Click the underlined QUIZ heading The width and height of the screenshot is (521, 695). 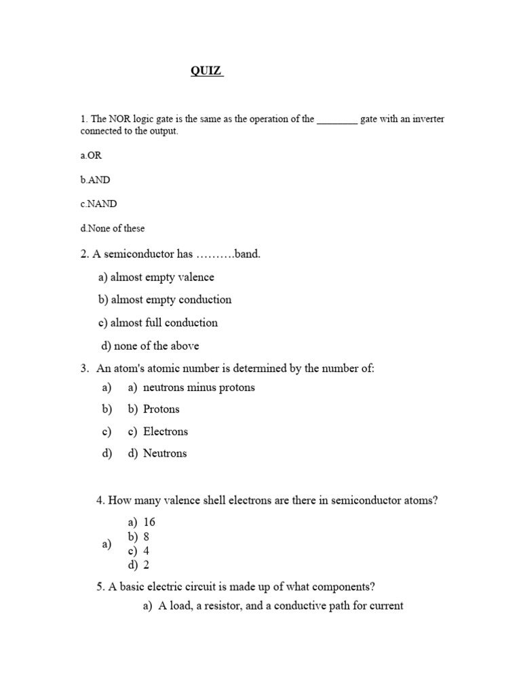[x=206, y=71]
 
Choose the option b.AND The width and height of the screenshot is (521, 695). [x=95, y=180]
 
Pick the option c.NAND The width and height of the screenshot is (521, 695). [x=98, y=204]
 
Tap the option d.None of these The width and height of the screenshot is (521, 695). [x=113, y=228]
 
